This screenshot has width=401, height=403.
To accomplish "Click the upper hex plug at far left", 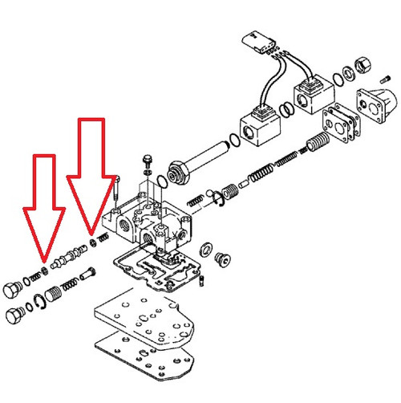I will pos(12,292).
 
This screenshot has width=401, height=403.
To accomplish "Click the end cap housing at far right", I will pos(382,100).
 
